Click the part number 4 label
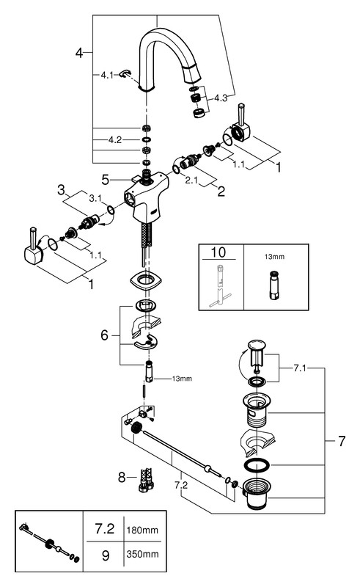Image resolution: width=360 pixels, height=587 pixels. [79, 53]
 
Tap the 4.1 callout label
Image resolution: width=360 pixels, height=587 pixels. [106, 76]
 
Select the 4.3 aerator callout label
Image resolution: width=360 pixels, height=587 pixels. [221, 98]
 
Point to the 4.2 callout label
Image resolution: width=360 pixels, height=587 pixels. [115, 140]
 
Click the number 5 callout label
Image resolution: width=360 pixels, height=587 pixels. [106, 180]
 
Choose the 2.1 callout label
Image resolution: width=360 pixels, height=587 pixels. [191, 180]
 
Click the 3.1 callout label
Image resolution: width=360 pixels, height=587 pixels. [95, 198]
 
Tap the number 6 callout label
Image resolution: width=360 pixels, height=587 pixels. [104, 335]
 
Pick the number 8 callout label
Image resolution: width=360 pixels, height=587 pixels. [122, 478]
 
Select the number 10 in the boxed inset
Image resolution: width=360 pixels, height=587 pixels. [218, 252]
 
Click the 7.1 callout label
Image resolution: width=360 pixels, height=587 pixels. [299, 368]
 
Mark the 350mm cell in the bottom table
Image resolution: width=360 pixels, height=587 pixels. [142, 554]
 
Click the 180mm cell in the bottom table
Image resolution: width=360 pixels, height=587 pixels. [142, 530]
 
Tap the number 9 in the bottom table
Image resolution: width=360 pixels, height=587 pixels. [106, 555]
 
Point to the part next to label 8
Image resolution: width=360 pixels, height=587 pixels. [146, 480]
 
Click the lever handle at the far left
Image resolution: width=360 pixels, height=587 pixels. [34, 248]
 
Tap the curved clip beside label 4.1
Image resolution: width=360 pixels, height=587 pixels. [125, 74]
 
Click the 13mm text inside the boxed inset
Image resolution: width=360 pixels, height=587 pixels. [274, 257]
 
